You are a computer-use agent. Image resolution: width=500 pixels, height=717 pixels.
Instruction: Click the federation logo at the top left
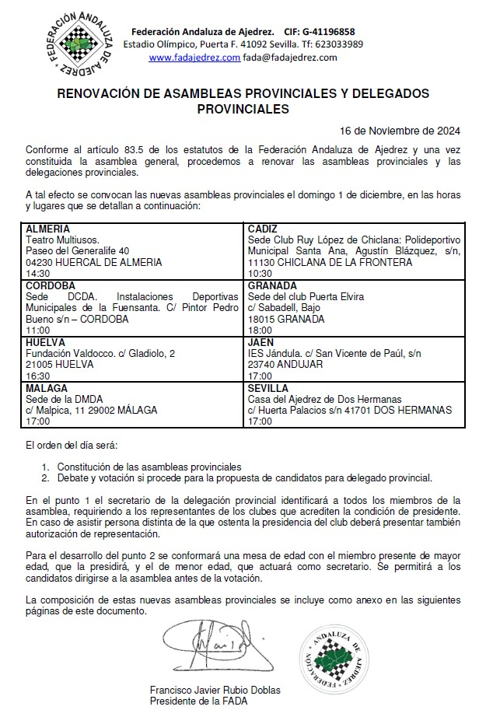point(80,44)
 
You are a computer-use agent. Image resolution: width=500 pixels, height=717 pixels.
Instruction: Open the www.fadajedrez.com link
point(194,57)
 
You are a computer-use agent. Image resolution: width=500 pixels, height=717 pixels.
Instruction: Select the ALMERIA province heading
point(48,229)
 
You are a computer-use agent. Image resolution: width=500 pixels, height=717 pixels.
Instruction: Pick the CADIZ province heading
point(263,229)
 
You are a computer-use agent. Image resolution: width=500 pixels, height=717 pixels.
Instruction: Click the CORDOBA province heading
point(51,285)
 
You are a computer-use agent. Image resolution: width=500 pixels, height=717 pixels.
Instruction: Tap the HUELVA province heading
point(46,341)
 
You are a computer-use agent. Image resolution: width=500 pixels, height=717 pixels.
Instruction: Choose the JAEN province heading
point(260,341)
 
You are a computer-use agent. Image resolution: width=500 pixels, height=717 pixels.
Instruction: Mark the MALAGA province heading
point(47,387)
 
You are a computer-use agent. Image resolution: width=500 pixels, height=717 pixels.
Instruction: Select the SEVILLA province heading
point(268,387)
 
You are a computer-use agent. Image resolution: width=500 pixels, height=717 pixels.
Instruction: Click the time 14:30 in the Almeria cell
point(38,274)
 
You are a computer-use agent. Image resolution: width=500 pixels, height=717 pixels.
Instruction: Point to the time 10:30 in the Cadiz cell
point(260,274)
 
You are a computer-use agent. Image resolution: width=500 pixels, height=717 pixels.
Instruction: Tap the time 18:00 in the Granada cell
point(260,330)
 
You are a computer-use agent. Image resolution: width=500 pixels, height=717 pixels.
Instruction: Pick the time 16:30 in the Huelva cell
point(38,375)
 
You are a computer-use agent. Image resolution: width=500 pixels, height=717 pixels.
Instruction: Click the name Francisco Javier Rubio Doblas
point(215,691)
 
